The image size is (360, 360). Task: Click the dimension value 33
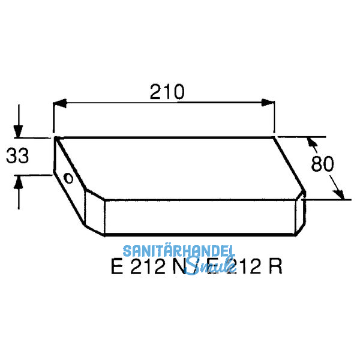[x=18, y=157]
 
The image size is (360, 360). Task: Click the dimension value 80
[x=323, y=164]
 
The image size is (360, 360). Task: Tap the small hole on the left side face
[x=68, y=178]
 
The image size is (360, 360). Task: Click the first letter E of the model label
[x=116, y=266]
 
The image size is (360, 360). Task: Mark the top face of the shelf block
[x=180, y=165]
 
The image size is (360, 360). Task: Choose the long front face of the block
[x=201, y=216]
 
